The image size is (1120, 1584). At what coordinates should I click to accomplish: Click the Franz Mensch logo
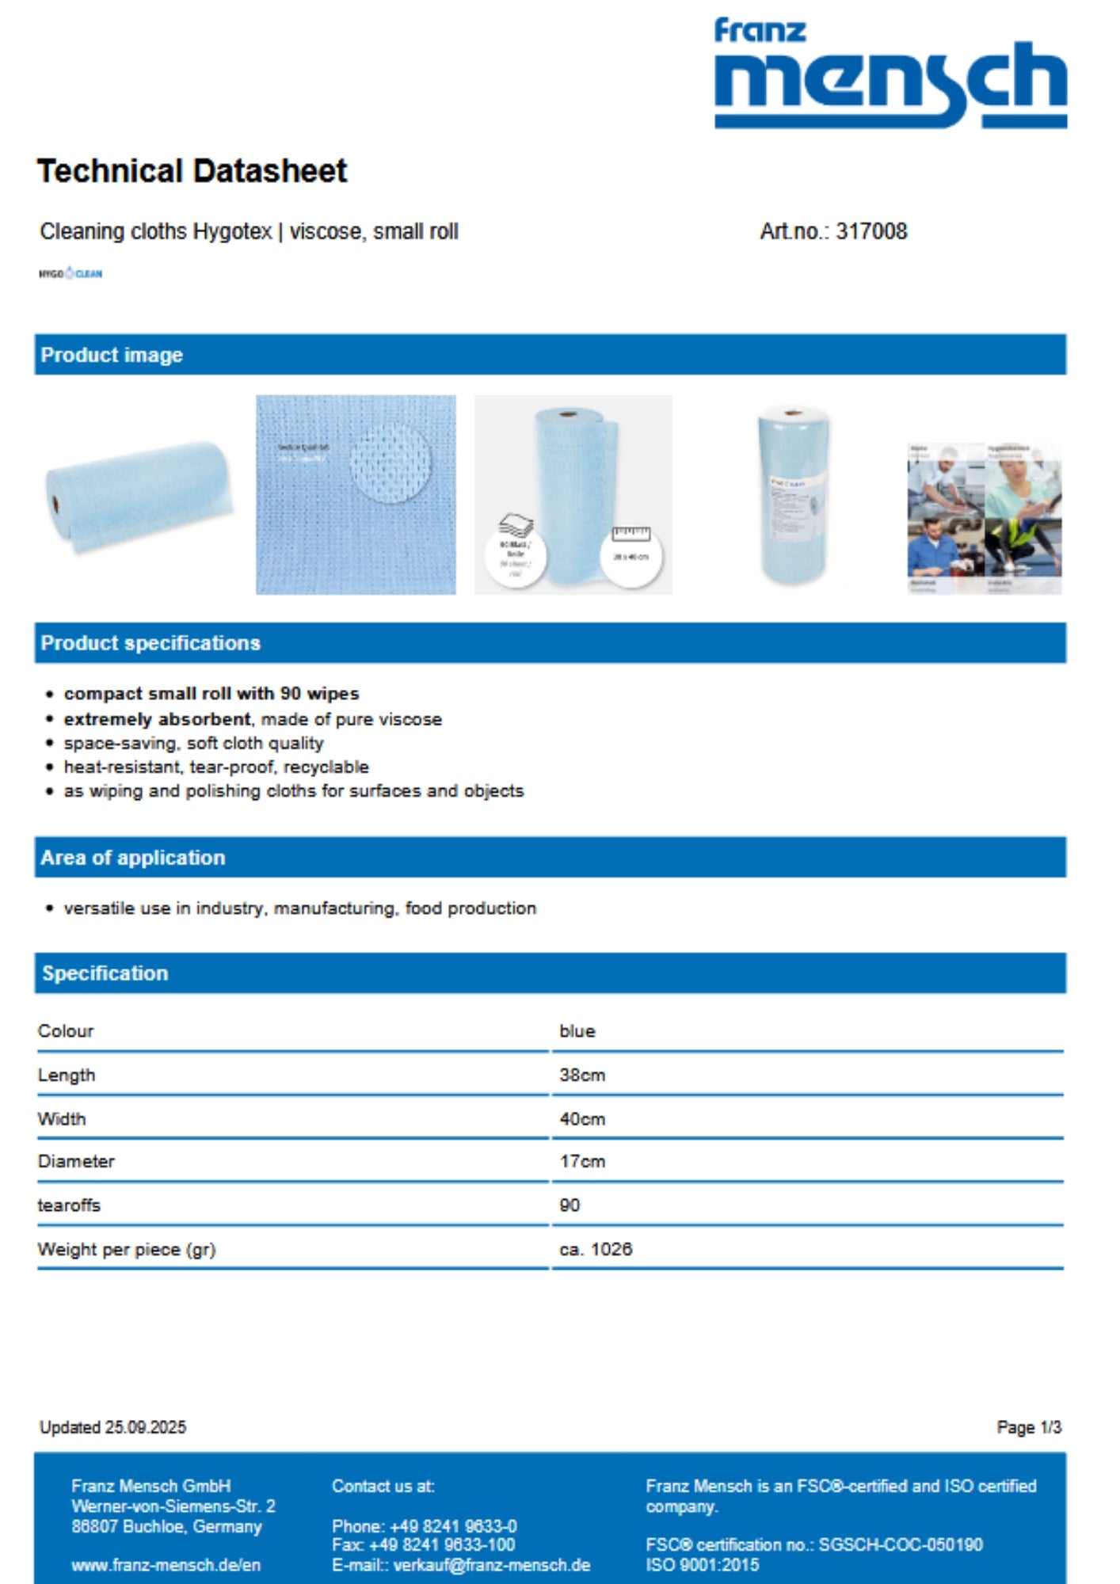pos(890,74)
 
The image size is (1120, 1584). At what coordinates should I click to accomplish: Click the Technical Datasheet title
pos(192,171)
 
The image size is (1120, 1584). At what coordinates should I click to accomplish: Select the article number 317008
pos(871,231)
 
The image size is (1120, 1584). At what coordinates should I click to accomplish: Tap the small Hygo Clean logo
pos(70,273)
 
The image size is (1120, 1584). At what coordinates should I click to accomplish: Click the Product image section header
pos(112,355)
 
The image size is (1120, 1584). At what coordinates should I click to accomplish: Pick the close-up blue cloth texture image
pos(356,494)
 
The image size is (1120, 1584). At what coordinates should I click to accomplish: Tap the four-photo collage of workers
pos(984,518)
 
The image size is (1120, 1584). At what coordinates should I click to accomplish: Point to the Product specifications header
pos(150,643)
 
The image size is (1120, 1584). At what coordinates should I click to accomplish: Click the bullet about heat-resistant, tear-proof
pos(215,767)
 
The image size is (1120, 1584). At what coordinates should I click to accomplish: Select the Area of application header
pos(133,858)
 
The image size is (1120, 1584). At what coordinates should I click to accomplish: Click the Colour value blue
pos(577,1031)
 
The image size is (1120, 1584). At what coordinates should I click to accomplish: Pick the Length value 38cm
pos(582,1075)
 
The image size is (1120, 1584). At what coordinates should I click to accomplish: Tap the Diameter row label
pos(76,1161)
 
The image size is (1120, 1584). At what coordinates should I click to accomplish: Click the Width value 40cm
pos(582,1119)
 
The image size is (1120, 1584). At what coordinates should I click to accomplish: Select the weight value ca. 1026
pos(596,1249)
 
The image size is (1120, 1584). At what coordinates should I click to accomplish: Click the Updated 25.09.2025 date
pos(113,1427)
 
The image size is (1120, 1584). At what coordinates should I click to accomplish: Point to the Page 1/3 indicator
pos(1028,1427)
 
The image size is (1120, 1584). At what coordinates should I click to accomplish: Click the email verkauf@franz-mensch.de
pos(491,1565)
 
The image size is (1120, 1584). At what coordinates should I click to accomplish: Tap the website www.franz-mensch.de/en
pos(166,1565)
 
